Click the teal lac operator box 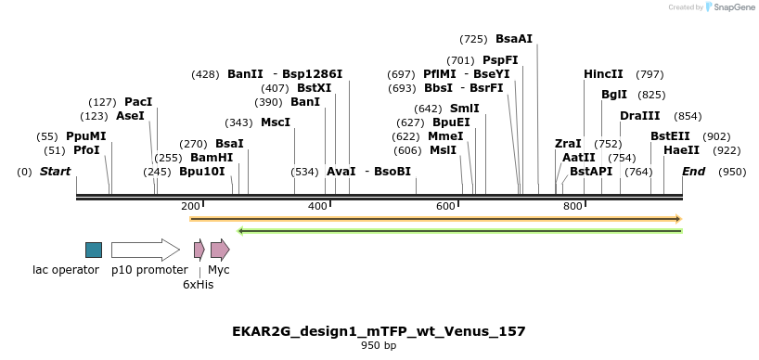94,250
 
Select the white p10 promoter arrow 145,250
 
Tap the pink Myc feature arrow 220,250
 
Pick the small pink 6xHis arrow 199,250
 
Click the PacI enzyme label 138,102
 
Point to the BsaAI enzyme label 514,39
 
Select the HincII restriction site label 603,74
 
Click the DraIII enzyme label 640,116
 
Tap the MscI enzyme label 276,122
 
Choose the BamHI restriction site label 212,158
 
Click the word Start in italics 55,172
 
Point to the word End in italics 693,172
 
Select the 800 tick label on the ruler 572,206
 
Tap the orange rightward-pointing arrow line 435,219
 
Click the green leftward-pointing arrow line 460,230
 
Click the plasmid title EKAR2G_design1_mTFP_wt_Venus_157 379,331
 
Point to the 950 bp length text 379,346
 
